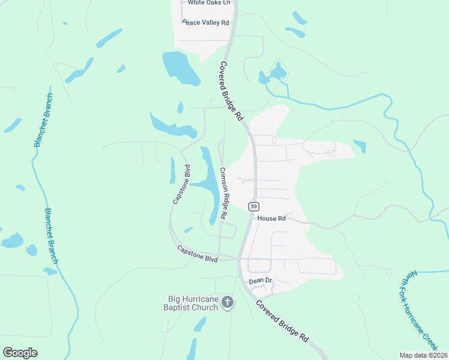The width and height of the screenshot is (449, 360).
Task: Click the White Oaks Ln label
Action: coord(209,3)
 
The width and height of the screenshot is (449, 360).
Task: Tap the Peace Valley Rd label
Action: coord(206,23)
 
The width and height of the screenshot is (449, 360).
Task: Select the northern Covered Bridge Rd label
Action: coord(231,90)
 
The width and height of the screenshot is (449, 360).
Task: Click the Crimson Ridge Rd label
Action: coord(223,192)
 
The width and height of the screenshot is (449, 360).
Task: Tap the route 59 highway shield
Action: coord(255,206)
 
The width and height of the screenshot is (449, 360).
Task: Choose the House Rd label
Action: coord(271,219)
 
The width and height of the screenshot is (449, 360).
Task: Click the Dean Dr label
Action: coord(261,280)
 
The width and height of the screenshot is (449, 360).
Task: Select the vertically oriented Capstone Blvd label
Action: coord(181,184)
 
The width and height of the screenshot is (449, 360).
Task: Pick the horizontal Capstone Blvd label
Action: coord(197,253)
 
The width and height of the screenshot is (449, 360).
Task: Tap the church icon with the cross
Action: coord(227,302)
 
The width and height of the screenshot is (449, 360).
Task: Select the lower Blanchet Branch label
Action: coord(51,236)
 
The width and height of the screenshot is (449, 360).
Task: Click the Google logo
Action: coord(20,352)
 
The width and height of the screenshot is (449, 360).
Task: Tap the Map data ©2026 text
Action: coord(423,355)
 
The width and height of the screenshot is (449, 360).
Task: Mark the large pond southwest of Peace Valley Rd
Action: coord(179,68)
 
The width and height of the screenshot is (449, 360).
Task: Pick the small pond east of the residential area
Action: coord(360,146)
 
